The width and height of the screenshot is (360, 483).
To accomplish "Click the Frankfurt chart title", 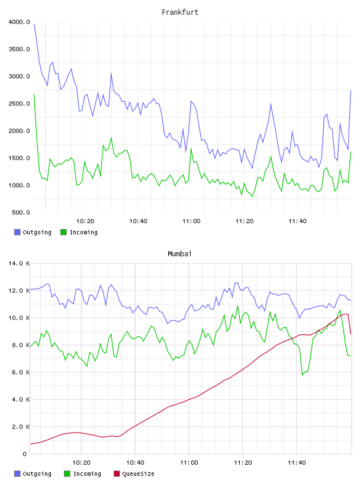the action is [x=180, y=12].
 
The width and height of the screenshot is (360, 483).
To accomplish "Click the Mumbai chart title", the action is [x=179, y=254].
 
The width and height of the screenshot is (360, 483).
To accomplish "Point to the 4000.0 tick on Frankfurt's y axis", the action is [x=19, y=22].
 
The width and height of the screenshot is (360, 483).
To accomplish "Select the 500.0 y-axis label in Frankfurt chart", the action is [x=21, y=212].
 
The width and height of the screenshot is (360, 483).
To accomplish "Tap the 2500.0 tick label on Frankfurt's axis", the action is [x=19, y=104].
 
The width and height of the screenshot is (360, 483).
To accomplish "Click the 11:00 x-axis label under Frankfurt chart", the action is [x=191, y=221].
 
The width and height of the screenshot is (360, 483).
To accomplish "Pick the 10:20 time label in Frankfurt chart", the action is [x=85, y=221].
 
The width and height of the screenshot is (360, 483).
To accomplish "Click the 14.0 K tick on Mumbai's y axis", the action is [x=19, y=263].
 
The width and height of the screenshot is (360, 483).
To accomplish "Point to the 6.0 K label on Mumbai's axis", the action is [x=21, y=372].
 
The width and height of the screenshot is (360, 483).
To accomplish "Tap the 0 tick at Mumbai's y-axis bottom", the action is [x=24, y=454].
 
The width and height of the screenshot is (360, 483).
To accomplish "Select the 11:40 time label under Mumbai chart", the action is [x=297, y=463].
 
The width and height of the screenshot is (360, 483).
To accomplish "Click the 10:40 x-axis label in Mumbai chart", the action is [x=135, y=463].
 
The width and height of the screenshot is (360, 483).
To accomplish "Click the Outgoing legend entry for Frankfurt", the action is [x=33, y=232].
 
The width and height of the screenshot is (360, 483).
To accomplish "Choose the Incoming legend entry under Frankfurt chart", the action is [x=79, y=232].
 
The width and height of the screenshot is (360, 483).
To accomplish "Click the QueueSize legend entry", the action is [x=134, y=474].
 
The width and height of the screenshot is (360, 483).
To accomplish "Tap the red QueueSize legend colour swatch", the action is [x=117, y=474].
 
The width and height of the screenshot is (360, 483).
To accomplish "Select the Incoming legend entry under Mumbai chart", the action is [x=82, y=474].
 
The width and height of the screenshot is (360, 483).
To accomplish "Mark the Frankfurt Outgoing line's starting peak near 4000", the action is [x=34, y=24].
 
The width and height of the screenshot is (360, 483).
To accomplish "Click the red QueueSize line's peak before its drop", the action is [x=348, y=314].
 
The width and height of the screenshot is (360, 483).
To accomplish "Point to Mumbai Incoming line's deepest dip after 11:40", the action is [x=303, y=375].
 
